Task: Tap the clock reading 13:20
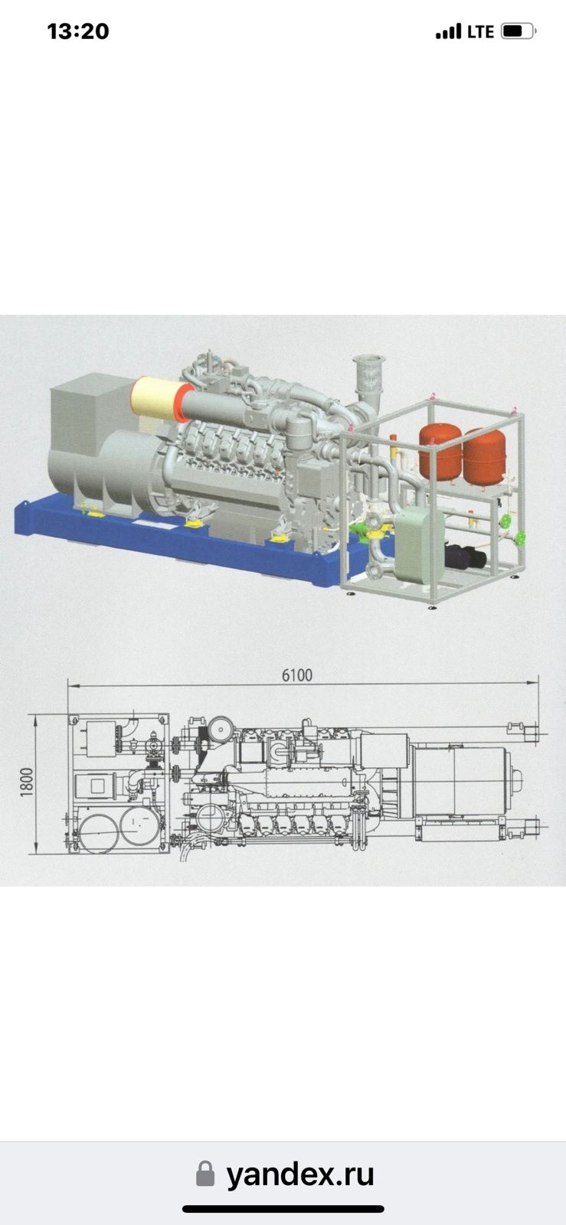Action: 78,31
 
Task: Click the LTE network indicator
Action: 480,31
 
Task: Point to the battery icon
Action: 518,31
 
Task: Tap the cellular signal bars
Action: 448,31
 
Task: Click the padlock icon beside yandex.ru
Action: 205,1174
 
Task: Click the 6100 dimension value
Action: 297,675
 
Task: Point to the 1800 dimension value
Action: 26,782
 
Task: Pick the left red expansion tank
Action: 440,452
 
